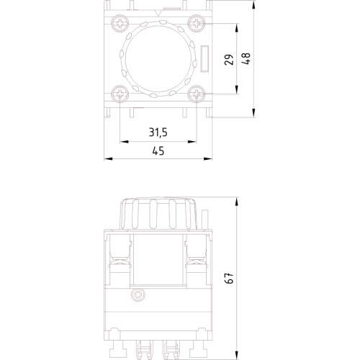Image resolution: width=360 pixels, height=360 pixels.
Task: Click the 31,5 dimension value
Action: [x=158, y=132]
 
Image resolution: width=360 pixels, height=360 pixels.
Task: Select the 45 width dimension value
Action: [x=158, y=151]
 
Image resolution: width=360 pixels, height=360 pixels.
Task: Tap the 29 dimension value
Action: [x=229, y=60]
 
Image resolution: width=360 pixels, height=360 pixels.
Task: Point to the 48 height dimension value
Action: [x=246, y=58]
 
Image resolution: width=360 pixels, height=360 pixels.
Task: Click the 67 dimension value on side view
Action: [x=230, y=278]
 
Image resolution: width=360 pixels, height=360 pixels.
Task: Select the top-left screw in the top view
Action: [x=120, y=23]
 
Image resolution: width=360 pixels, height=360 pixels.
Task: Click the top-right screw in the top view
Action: [x=197, y=23]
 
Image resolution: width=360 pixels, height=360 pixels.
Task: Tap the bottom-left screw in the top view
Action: [x=120, y=94]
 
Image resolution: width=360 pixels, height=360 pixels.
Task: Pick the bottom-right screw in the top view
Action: [x=197, y=94]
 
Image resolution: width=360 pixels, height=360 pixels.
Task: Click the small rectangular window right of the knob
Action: [x=204, y=58]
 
